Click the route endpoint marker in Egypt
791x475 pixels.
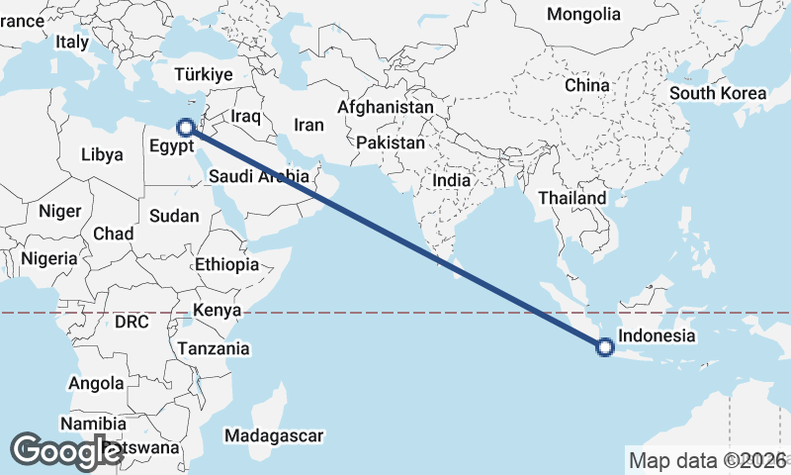click(x=185, y=127)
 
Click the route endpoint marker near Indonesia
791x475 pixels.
click(x=606, y=346)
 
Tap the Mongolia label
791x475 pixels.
click(x=583, y=15)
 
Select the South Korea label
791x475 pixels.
click(x=718, y=93)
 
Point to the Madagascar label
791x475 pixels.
click(x=274, y=435)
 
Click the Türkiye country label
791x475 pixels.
click(x=203, y=74)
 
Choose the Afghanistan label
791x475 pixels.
click(x=386, y=107)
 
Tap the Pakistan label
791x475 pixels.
click(x=391, y=142)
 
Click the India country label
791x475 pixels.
click(x=452, y=181)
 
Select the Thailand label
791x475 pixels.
click(x=572, y=198)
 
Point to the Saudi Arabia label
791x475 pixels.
click(x=260, y=177)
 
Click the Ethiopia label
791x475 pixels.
click(x=226, y=264)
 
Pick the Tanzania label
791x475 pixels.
click(x=213, y=348)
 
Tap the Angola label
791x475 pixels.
click(x=96, y=383)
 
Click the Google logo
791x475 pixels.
click(x=66, y=451)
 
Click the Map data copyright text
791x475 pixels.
click(x=708, y=460)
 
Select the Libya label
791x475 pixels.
click(x=102, y=154)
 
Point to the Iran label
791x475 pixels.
click(x=309, y=126)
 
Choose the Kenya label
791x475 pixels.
click(x=218, y=311)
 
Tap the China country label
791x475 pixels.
click(x=587, y=85)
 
